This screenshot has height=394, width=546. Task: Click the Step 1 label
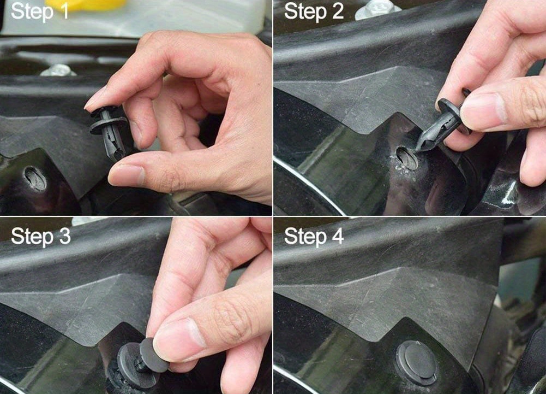point(39,12)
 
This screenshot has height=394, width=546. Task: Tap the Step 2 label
point(314,12)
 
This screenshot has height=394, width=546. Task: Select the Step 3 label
point(41,236)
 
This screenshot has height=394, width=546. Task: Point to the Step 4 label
point(314,236)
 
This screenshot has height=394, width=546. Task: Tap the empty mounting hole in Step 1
point(35,178)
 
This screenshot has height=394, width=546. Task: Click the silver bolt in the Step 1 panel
point(58,70)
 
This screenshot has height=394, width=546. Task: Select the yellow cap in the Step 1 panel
point(85,4)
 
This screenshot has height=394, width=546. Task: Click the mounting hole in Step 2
point(407,158)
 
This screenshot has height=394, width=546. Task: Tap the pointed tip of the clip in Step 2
point(418,148)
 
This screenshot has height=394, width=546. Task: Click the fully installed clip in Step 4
point(417,363)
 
